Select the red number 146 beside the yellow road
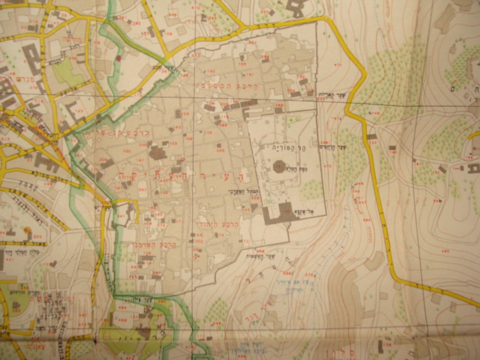(x=376, y=113)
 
